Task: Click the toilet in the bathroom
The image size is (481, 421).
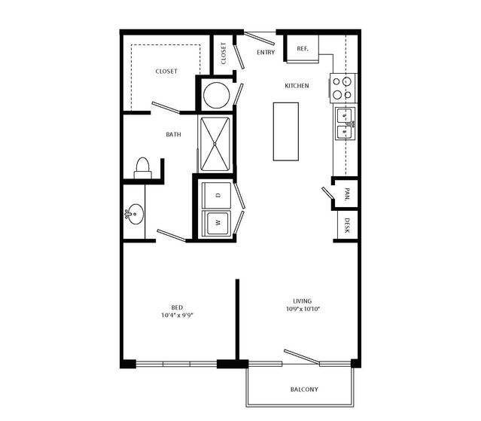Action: coord(142,168)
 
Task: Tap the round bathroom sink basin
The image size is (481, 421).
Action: coord(134,214)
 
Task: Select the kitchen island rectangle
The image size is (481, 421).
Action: coord(285,131)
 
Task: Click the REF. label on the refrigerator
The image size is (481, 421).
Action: coord(303,49)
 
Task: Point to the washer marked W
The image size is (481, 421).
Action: coord(217,223)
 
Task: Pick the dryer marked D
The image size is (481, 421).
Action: coord(217,195)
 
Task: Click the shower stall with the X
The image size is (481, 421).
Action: coord(215,144)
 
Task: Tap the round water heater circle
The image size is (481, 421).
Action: coord(217,95)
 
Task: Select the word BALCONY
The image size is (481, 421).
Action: coord(304,389)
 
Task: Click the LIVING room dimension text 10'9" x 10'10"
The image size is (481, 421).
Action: coord(303,309)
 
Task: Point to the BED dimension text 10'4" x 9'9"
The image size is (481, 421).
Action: coord(178,315)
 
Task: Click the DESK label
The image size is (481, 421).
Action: coord(347,225)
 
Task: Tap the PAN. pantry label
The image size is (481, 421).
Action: coord(347,194)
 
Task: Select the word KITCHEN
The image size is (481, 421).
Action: coord(297,86)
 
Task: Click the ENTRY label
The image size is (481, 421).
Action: coord(266,53)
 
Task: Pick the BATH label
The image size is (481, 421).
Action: coord(173,134)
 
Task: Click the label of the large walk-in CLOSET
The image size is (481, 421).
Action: coord(166,72)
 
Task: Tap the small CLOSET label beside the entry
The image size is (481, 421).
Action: coord(224,53)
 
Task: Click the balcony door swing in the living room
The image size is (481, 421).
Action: coord(302,357)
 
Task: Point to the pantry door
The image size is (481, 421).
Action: coord(327,192)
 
